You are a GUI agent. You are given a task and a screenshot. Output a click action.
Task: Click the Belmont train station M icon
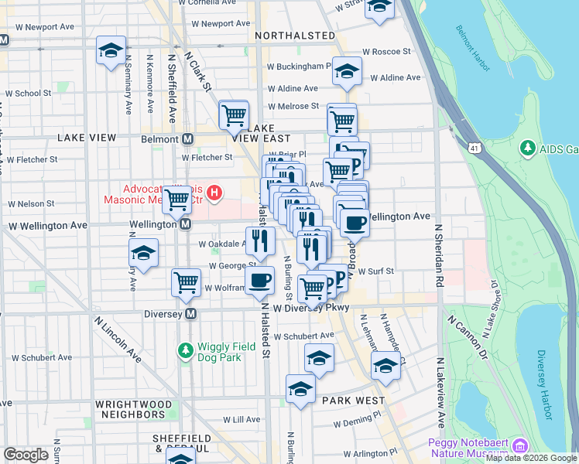187,139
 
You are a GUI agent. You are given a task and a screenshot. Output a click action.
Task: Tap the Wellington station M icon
186,224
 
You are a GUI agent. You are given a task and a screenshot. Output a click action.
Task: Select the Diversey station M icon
191,314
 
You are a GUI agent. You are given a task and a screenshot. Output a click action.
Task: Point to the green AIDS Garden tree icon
528,148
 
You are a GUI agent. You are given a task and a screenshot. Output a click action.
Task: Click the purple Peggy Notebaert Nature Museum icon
520,446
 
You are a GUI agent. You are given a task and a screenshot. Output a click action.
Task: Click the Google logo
26,455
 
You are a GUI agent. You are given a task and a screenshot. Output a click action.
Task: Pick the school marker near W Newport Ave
111,51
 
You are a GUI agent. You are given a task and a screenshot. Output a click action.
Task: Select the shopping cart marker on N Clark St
233,116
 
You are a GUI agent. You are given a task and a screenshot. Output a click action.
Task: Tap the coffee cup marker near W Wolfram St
259,280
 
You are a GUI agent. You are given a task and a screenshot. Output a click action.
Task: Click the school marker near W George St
143,253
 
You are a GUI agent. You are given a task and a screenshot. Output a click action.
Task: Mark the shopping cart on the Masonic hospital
177,200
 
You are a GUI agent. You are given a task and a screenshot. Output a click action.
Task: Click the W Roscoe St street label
389,51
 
